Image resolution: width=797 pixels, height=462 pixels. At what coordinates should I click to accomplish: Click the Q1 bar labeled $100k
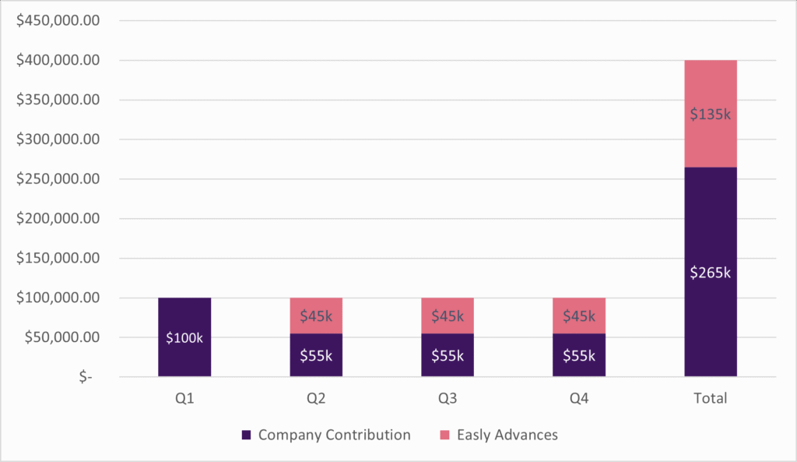tap(184, 337)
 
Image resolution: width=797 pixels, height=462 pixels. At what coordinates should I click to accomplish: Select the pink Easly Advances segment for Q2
tap(316, 316)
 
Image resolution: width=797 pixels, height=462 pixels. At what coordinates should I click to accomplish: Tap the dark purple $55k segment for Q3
tap(448, 355)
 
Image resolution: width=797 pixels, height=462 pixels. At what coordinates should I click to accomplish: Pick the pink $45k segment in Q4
tap(579, 316)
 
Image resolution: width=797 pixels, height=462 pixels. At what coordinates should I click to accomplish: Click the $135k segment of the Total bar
tap(711, 114)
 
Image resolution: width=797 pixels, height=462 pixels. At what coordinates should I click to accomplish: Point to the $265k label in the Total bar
tap(711, 273)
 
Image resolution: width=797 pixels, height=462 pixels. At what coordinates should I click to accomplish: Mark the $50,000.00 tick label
tap(60, 337)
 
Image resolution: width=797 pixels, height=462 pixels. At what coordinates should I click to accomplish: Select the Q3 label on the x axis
tap(448, 398)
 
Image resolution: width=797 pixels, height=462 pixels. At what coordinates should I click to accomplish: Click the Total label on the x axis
tap(710, 398)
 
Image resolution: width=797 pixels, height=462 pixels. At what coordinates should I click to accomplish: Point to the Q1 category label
tap(184, 398)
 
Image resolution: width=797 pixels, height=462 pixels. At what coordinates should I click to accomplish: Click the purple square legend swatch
tap(246, 436)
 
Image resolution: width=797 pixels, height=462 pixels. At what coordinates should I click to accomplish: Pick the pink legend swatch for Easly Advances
tap(444, 436)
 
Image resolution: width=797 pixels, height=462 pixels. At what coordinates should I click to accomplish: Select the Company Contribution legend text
tap(334, 435)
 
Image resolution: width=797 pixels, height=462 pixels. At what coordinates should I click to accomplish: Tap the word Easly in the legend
tap(473, 435)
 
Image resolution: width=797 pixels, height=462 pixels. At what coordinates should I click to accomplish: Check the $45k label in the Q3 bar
tap(448, 316)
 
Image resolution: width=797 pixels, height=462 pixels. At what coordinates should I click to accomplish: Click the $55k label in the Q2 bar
tap(316, 356)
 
